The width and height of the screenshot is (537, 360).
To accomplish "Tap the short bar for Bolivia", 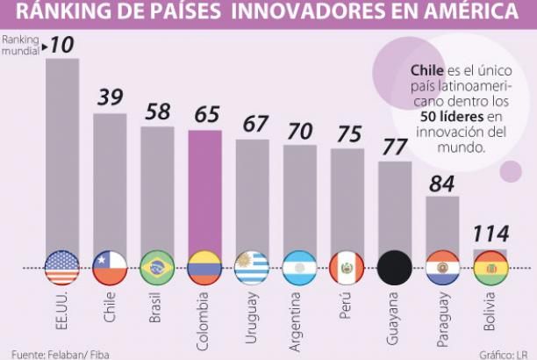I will pyautogui.click(x=490, y=254).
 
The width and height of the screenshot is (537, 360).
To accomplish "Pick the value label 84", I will pyautogui.click(x=441, y=183).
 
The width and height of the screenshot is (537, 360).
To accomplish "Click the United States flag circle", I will pyautogui.click(x=62, y=268).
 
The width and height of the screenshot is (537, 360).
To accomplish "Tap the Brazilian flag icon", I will pyautogui.click(x=157, y=268).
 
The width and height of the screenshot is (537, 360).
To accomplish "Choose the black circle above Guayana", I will pyautogui.click(x=394, y=268).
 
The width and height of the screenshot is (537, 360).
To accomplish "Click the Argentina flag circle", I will pyautogui.click(x=299, y=268).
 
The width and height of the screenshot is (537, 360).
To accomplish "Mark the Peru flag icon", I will pyautogui.click(x=347, y=268).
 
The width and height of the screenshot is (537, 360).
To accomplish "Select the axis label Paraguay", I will pyautogui.click(x=441, y=315).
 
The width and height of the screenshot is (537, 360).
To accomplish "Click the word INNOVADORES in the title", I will pyautogui.click(x=274, y=12).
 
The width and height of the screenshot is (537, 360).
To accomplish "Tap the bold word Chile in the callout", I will pyautogui.click(x=426, y=72).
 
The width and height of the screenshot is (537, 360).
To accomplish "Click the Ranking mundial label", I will pyautogui.click(x=22, y=46).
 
